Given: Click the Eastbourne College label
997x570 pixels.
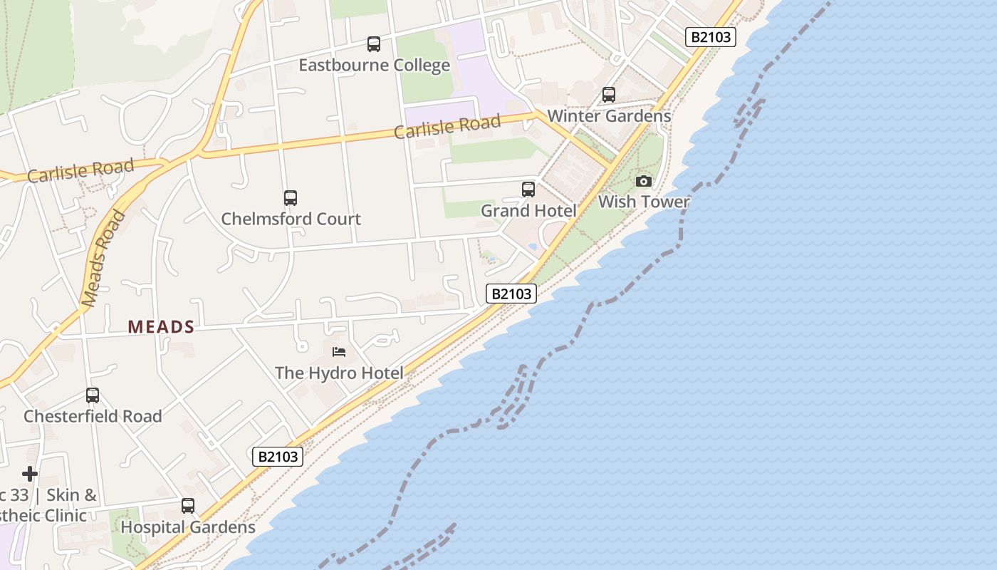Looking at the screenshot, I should tap(374, 66).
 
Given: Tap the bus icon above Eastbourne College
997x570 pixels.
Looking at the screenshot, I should tap(374, 44).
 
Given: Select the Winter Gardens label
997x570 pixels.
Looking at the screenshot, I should tap(609, 116).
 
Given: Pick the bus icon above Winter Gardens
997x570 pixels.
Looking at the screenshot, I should tap(609, 95).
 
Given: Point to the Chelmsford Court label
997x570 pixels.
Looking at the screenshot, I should tap(291, 219).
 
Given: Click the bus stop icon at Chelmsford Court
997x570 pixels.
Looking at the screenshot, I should tap(291, 198).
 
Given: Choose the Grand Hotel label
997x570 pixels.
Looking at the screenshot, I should tap(528, 211).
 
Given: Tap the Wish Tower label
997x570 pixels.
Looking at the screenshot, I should tap(644, 202).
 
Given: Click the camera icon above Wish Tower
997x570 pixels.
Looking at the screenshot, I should tap(644, 182).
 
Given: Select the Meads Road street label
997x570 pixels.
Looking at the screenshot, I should tap(103, 259).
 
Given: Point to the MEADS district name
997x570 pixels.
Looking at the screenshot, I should tap(161, 327).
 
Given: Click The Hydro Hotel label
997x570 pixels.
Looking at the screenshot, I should tap(339, 373).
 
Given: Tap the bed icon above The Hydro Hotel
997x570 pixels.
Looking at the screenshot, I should tap(339, 352).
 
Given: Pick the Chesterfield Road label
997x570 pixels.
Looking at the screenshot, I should tap(93, 416).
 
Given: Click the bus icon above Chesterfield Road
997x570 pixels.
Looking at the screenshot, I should tap(93, 395).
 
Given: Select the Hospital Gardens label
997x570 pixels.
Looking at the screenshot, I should tap(188, 527).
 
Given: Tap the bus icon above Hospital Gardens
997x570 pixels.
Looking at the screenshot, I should tap(188, 506).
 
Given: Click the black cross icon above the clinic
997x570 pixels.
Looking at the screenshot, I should tap(30, 474).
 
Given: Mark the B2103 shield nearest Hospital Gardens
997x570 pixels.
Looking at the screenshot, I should tap(278, 457).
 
